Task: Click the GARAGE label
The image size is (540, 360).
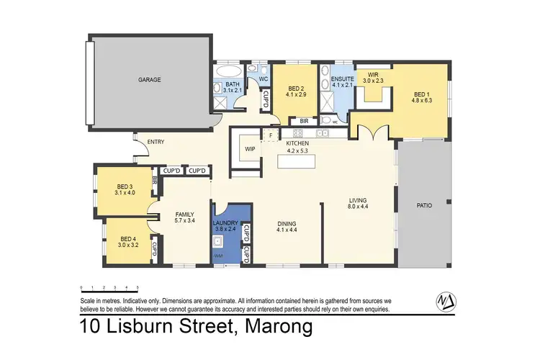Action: point(150,80)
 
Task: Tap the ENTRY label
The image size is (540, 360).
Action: point(156,142)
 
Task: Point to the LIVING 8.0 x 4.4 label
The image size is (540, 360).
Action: point(358,203)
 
